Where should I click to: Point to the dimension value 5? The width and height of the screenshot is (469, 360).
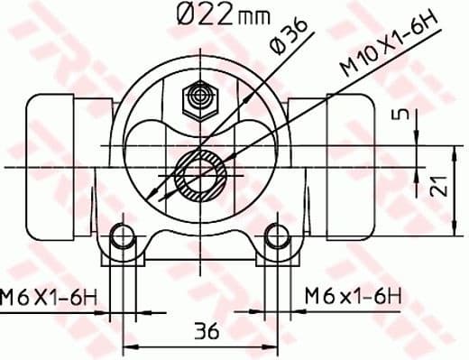[404, 115]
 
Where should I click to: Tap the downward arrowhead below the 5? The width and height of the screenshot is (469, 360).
[418, 136]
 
